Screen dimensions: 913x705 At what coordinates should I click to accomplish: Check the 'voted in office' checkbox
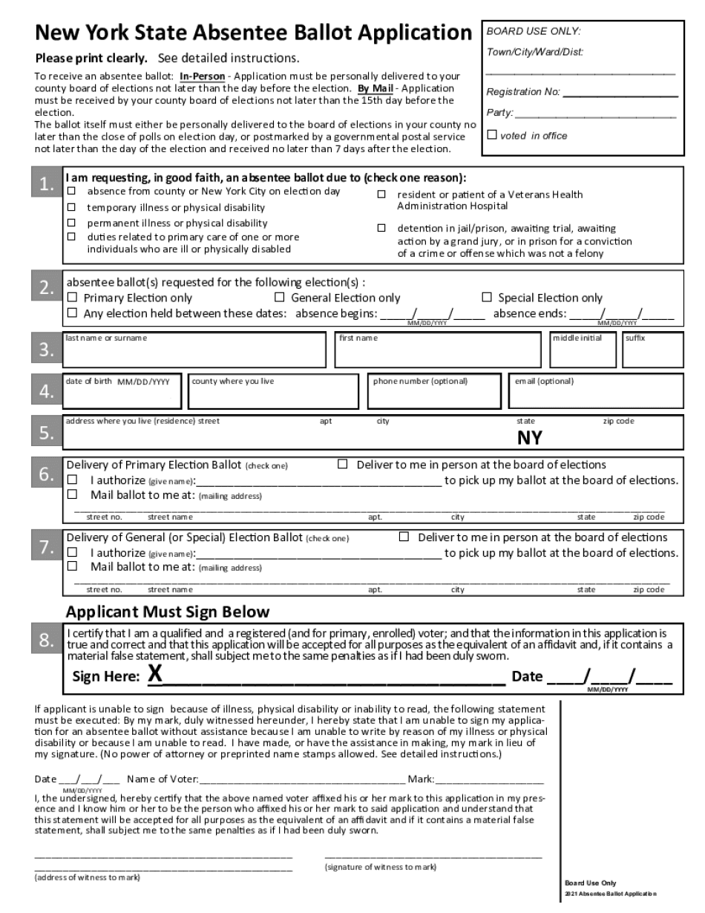pyautogui.click(x=491, y=135)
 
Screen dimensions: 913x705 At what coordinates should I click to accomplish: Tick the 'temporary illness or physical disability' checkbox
pyautogui.click(x=72, y=207)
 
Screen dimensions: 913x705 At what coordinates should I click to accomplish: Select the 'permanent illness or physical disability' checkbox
pyautogui.click(x=72, y=223)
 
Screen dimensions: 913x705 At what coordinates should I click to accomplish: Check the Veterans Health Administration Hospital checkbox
pyautogui.click(x=381, y=194)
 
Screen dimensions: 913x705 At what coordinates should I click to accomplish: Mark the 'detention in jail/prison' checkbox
pyautogui.click(x=381, y=228)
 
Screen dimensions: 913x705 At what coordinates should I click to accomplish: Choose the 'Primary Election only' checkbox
pyautogui.click(x=72, y=298)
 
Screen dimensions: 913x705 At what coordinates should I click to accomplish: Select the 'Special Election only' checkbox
pyautogui.click(x=487, y=298)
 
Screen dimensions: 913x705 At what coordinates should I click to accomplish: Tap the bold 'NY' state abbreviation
pyautogui.click(x=529, y=437)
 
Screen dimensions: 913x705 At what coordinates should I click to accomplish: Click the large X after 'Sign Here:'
pyautogui.click(x=154, y=675)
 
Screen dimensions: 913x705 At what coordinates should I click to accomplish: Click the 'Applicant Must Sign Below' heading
pyautogui.click(x=167, y=612)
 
